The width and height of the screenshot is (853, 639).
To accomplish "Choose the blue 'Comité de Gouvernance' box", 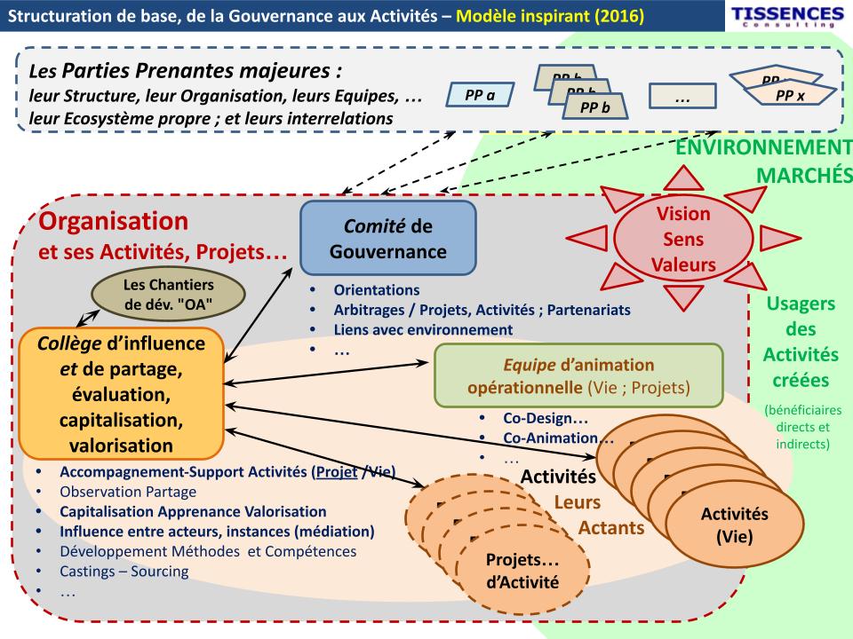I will (x=388, y=237).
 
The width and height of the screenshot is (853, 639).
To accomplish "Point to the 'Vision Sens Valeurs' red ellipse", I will (x=683, y=240).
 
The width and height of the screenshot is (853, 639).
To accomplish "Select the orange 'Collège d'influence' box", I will (x=121, y=393).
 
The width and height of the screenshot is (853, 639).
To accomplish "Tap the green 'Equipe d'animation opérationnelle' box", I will (x=578, y=375).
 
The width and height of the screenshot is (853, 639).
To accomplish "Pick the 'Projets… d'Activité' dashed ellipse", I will (x=522, y=572).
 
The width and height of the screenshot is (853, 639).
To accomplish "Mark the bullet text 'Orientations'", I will (x=377, y=290).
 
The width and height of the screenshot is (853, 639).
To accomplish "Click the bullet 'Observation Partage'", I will (x=128, y=491).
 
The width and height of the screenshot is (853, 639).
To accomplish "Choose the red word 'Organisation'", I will (x=113, y=219).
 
